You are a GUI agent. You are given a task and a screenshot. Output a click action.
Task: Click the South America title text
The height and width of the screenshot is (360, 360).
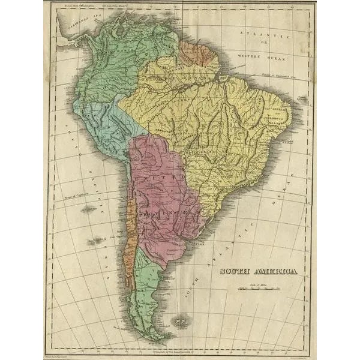[x=258, y=271]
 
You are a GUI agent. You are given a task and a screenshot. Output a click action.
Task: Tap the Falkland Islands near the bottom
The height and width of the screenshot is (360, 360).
[x=179, y=322]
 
